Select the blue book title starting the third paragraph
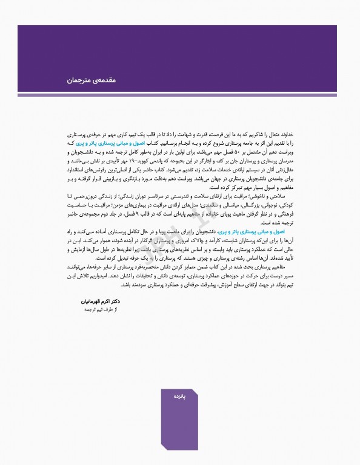point(266,231)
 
